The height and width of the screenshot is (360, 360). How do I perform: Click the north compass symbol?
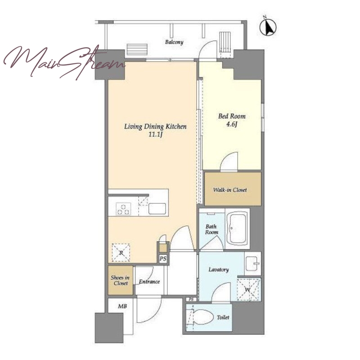tap(268, 27)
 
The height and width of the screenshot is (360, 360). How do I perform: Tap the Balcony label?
tap(174, 42)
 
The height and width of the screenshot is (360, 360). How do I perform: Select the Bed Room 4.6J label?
tap(232, 120)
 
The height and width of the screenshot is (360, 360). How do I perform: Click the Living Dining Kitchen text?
tap(155, 126)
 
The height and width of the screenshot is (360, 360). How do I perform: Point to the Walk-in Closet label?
tap(230, 190)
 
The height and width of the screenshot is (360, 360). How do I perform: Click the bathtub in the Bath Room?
tap(238, 229)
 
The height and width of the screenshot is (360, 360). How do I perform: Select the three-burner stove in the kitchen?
tap(123, 209)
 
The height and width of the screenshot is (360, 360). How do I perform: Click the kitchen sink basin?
tap(157, 209)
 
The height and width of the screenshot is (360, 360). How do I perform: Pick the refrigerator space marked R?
tap(121, 252)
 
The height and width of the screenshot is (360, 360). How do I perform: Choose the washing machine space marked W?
tap(249, 289)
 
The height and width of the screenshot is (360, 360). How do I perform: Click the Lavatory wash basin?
tap(252, 264)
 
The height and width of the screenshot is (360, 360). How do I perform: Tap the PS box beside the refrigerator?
tap(163, 258)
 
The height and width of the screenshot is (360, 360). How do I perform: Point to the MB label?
tap(122, 306)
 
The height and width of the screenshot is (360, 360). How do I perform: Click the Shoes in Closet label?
tap(120, 280)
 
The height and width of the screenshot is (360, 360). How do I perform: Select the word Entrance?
tap(149, 282)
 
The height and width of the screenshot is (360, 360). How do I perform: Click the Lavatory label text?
tap(219, 270)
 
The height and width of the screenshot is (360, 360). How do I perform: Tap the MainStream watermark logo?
tap(64, 62)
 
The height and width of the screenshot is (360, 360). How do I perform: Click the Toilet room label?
tap(223, 317)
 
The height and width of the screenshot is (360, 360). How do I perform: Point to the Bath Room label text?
tap(211, 229)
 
